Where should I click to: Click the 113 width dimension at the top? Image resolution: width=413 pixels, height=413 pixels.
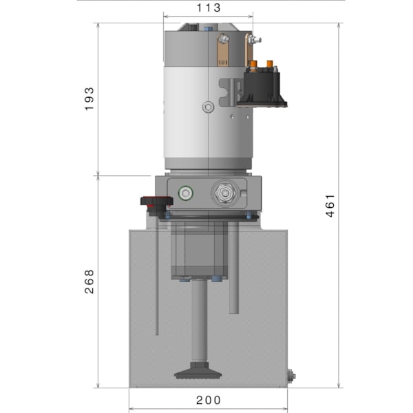(208, 8)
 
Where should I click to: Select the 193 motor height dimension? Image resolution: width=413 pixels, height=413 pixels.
(90, 100)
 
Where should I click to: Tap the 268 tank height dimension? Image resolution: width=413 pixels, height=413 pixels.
(90, 281)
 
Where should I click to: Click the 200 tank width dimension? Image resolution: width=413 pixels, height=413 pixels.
(208, 400)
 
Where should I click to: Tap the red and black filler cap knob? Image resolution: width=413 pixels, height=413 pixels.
(156, 203)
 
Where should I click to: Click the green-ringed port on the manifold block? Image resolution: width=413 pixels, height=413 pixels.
(184, 193)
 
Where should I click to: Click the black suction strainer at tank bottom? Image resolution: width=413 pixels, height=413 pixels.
(198, 373)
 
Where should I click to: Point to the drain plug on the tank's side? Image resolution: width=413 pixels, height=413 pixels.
(290, 377)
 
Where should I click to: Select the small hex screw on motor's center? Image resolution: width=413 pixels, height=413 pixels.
(208, 107)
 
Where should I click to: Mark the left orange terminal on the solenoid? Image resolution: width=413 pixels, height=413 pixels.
(253, 65)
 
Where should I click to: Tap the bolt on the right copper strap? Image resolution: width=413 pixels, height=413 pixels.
(251, 41)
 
